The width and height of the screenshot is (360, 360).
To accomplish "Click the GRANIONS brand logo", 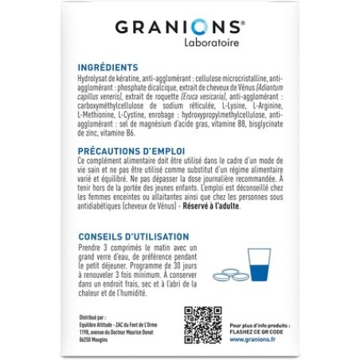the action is pyautogui.click(x=179, y=26).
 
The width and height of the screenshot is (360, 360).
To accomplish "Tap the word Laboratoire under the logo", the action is pyautogui.click(x=209, y=45).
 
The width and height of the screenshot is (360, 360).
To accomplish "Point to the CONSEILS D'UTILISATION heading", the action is pyautogui.click(x=135, y=237).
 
